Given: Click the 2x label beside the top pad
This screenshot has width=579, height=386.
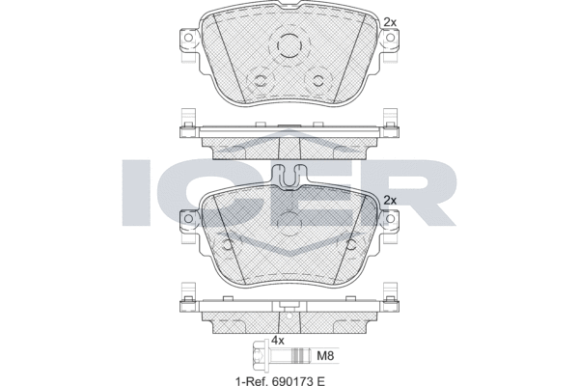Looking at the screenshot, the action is [x=390, y=22].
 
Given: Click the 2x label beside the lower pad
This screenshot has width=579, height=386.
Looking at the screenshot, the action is [x=390, y=200].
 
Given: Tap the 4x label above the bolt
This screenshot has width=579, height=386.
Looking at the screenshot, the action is [x=278, y=340].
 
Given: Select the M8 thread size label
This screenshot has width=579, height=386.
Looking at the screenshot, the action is [x=326, y=356].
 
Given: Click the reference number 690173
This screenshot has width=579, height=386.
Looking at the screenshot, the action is [x=291, y=380].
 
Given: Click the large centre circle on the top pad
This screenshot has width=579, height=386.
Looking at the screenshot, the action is [x=289, y=45].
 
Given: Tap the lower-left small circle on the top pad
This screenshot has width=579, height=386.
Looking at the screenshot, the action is [x=262, y=80].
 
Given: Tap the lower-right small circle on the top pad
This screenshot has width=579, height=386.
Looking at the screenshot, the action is [x=317, y=80].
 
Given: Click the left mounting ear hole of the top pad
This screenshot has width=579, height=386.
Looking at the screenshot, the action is [x=188, y=38].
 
